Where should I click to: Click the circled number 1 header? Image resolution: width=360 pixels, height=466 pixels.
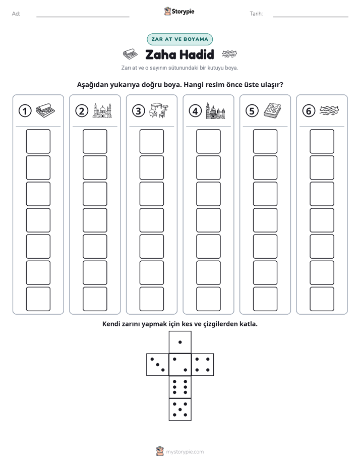[25, 111]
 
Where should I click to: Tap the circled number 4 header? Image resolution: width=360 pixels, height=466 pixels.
[195, 111]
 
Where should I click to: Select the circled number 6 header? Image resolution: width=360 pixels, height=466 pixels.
[309, 111]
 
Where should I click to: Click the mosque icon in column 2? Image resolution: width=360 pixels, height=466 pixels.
[102, 111]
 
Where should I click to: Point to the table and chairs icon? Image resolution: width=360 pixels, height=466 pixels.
[159, 110]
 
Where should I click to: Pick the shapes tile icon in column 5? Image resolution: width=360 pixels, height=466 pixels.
[272, 110]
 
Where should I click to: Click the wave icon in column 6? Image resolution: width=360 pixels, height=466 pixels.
[329, 110]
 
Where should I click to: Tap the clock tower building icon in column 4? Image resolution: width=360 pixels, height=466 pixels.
[216, 111]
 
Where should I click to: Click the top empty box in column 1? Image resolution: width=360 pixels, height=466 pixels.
[38, 141]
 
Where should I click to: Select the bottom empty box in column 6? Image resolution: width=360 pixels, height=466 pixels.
[322, 299]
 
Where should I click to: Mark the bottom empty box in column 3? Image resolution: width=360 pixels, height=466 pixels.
[151, 299]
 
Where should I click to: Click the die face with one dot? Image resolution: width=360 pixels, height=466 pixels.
[180, 342]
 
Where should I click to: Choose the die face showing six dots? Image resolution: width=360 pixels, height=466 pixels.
[180, 387]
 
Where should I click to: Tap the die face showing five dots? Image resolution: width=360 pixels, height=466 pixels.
[180, 410]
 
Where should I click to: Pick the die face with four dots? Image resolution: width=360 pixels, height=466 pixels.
[203, 365]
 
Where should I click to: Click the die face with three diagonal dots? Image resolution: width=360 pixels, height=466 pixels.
[158, 365]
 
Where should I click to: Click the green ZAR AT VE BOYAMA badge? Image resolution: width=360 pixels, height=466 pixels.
[179, 39]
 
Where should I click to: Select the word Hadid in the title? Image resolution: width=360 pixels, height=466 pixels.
[197, 54]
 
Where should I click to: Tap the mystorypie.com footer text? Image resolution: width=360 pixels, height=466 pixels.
[185, 452]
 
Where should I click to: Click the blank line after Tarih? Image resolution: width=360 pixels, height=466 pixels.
[311, 17]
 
